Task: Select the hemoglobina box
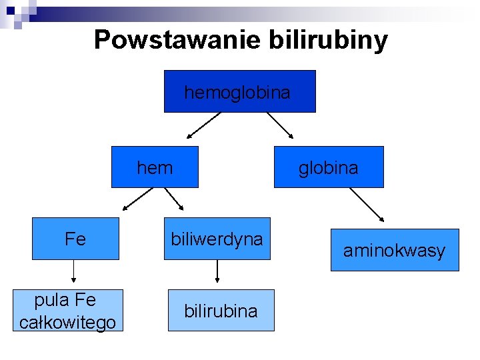coord(239,91)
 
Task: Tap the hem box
coord(154,167)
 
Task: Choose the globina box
coord(329,167)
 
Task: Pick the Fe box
coord(75,239)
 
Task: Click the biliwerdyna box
coord(217,239)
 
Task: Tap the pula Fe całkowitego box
coord(67,310)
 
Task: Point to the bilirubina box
coord(221,311)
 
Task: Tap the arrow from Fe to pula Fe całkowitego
coord(73,271)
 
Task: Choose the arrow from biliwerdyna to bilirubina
coord(217,272)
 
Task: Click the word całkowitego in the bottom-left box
coord(67,323)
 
